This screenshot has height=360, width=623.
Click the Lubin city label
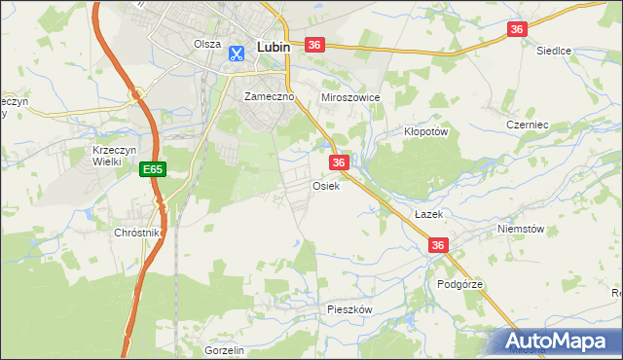276,46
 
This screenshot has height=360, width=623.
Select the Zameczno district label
269,97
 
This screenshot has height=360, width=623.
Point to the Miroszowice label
349,98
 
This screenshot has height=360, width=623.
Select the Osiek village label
325,186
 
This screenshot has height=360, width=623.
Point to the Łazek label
428,213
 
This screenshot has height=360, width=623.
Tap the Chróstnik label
136,234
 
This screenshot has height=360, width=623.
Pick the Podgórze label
460,284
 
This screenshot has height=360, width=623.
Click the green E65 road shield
152,169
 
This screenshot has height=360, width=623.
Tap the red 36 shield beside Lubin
313,46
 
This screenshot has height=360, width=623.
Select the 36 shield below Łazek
438,246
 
